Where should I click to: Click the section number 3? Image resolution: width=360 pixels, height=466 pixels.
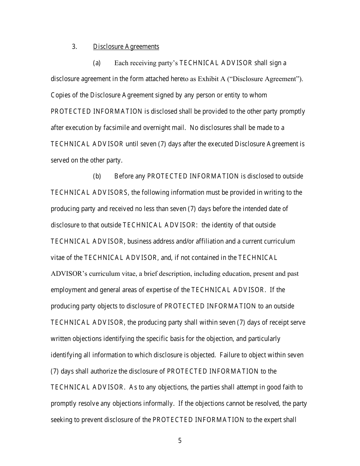[74, 47]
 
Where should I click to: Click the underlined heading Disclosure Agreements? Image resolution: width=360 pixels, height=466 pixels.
[126, 47]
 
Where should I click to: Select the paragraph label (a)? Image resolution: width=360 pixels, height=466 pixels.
[97, 63]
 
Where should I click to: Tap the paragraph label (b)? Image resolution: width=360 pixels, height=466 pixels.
[97, 176]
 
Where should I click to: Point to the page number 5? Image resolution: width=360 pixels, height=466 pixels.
[180, 441]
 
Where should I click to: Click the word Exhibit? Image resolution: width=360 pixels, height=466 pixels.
[209, 79]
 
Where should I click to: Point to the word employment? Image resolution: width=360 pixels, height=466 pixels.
[68, 290]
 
